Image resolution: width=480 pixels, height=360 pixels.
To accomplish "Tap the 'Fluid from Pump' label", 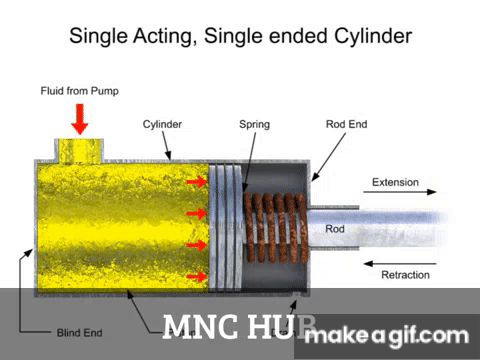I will point(80,91).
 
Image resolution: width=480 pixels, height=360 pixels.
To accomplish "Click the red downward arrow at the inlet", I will point(80,120).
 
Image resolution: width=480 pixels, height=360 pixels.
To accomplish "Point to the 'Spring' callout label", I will point(253,125).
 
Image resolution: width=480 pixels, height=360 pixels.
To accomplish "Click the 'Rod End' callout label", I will point(346,125).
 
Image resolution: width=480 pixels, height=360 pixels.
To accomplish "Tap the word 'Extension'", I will point(396,183).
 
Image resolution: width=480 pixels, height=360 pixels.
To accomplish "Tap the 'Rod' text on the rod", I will point(336,229).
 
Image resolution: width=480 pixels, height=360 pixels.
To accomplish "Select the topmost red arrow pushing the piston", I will point(197,181).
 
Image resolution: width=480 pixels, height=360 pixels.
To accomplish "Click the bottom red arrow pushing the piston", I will point(197,276).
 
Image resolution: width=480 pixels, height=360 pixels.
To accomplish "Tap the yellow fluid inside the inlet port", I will point(79,151).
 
